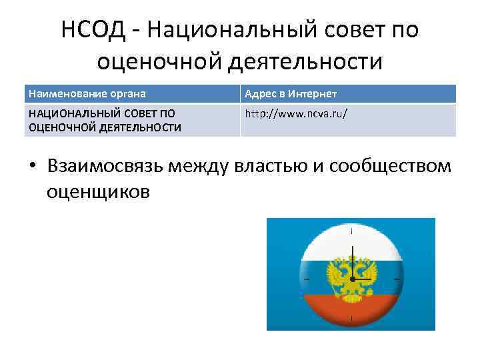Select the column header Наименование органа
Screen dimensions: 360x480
tap(87, 94)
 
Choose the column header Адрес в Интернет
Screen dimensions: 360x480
tap(291, 94)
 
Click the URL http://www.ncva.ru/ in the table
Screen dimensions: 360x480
tap(296, 113)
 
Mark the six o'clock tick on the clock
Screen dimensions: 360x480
tap(351, 319)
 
